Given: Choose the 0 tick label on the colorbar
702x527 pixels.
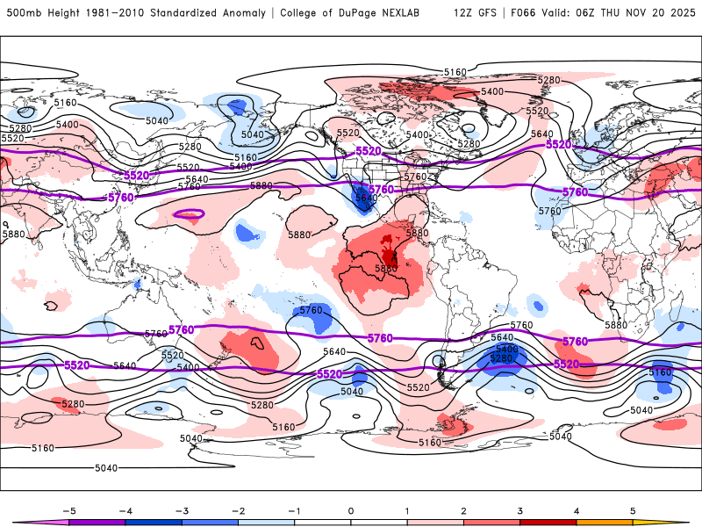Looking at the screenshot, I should [x=350, y=509].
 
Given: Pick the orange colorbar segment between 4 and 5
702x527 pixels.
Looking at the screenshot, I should [x=605, y=522].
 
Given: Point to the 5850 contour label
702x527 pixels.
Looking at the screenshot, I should [x=387, y=268].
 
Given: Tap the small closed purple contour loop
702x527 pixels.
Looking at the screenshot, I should [x=189, y=213].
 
